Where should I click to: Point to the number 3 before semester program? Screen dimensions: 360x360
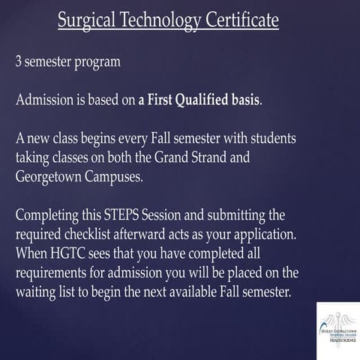point(19,61)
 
